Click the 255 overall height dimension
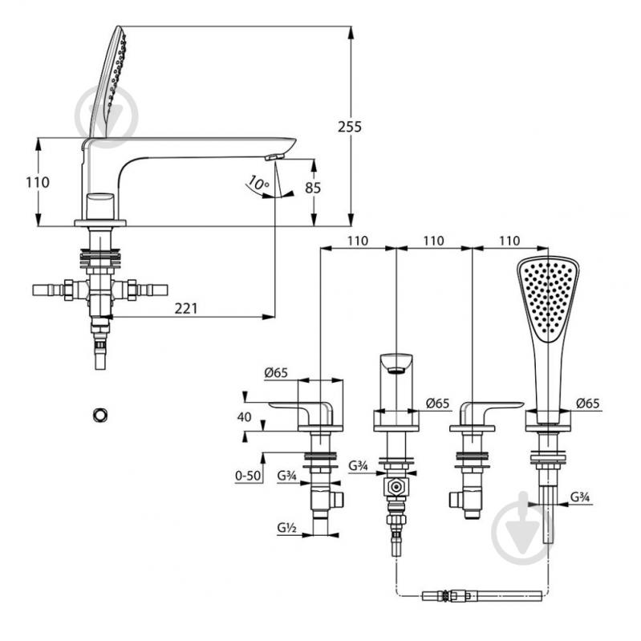(350, 127)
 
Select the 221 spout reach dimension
(186, 308)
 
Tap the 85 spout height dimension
(313, 188)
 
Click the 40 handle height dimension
(244, 417)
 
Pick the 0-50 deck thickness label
(248, 475)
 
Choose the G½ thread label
(286, 528)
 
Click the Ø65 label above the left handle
(276, 372)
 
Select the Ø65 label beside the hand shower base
(588, 404)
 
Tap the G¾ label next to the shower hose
(580, 497)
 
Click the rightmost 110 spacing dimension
(509, 241)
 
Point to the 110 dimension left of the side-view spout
(38, 182)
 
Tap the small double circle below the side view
(100, 415)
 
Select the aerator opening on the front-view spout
(396, 371)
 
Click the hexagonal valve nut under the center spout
(396, 487)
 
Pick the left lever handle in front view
(301, 413)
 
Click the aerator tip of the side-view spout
(274, 156)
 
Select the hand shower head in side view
(108, 82)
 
